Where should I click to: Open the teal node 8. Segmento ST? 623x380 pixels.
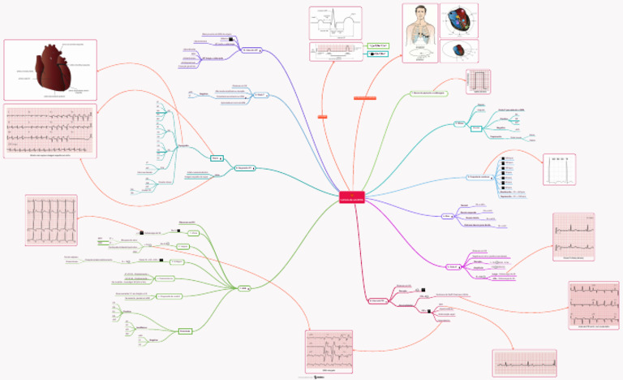point(244,168)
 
